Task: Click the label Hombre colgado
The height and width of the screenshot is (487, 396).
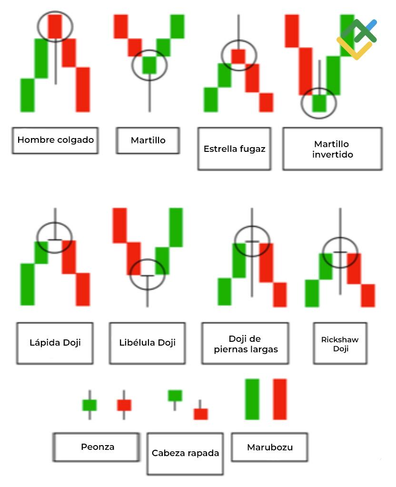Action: (55, 140)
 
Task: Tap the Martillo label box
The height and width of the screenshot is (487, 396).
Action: (148, 140)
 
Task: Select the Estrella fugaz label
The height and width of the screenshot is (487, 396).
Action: (235, 149)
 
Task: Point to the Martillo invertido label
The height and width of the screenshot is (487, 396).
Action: (333, 149)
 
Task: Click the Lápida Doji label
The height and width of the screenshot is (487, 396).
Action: (55, 343)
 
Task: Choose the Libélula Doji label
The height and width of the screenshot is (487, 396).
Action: (148, 343)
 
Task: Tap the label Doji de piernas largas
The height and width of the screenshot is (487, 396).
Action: (246, 344)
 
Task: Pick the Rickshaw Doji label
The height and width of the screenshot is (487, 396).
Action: (340, 344)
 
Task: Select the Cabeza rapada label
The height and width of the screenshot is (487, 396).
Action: (185, 454)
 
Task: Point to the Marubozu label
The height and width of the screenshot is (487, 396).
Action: (269, 447)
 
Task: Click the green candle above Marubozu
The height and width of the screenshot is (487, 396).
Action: (252, 399)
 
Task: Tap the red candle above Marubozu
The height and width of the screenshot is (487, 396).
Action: (280, 399)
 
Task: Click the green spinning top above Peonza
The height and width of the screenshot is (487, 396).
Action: (89, 405)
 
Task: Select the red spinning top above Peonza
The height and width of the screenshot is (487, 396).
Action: (124, 405)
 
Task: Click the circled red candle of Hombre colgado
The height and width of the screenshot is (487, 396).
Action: (55, 26)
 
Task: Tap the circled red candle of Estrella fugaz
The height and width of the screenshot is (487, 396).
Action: (238, 56)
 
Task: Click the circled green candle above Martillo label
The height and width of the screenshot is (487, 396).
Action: (149, 65)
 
